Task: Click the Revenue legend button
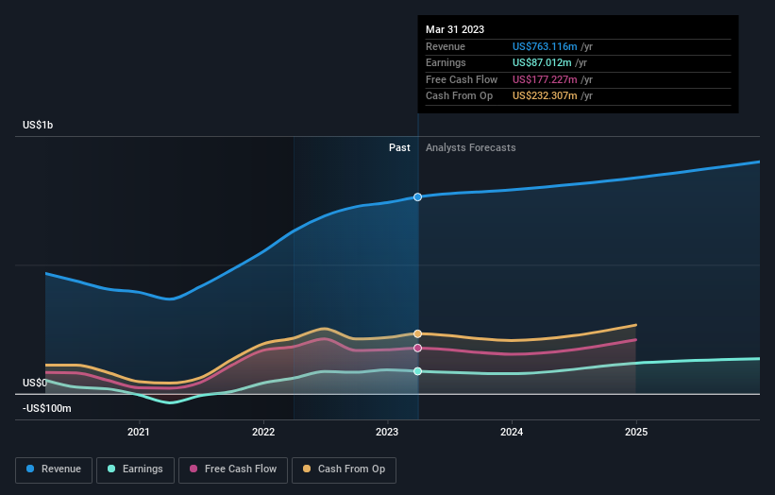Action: click(55, 469)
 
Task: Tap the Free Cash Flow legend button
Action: click(232, 469)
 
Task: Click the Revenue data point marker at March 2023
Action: click(417, 196)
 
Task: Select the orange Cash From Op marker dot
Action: click(417, 333)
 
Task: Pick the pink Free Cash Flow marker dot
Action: click(417, 348)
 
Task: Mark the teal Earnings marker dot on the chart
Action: click(417, 371)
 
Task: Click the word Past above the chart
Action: click(399, 147)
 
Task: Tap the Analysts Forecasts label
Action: click(471, 147)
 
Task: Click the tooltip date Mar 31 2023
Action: click(455, 29)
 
